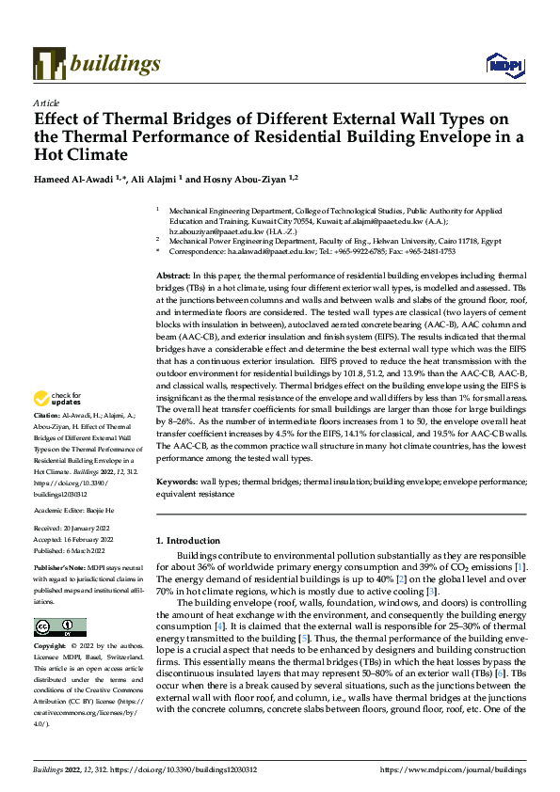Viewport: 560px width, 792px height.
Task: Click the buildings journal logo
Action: pyautogui.click(x=97, y=64)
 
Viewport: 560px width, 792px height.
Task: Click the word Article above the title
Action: pyautogui.click(x=46, y=103)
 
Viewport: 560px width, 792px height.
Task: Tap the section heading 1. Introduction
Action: pyautogui.click(x=187, y=541)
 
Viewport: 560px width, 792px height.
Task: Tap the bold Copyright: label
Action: pyautogui.click(x=51, y=647)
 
